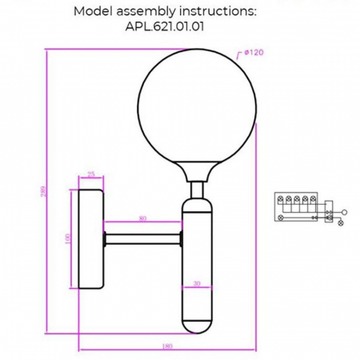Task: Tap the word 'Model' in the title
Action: tap(94, 12)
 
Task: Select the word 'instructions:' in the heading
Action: tap(221, 12)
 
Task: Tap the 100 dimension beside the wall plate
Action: tap(68, 238)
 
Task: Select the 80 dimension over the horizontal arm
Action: tap(143, 218)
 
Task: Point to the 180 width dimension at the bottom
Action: tap(167, 346)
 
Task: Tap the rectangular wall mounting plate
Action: tap(90, 238)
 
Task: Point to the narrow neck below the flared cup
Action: tap(197, 190)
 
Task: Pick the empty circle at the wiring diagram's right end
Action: tap(344, 212)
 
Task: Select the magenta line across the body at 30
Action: tap(197, 286)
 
